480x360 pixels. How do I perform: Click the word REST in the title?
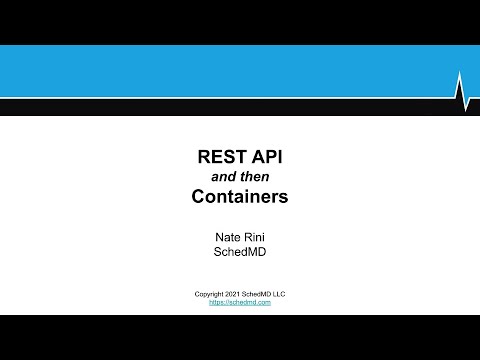220,157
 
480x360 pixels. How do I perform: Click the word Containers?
240,196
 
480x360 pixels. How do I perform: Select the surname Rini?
256,237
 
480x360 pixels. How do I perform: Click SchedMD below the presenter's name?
240,254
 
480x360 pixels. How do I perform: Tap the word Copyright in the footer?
211,293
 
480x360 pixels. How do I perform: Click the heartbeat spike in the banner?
461,89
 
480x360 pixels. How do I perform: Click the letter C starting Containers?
198,196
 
